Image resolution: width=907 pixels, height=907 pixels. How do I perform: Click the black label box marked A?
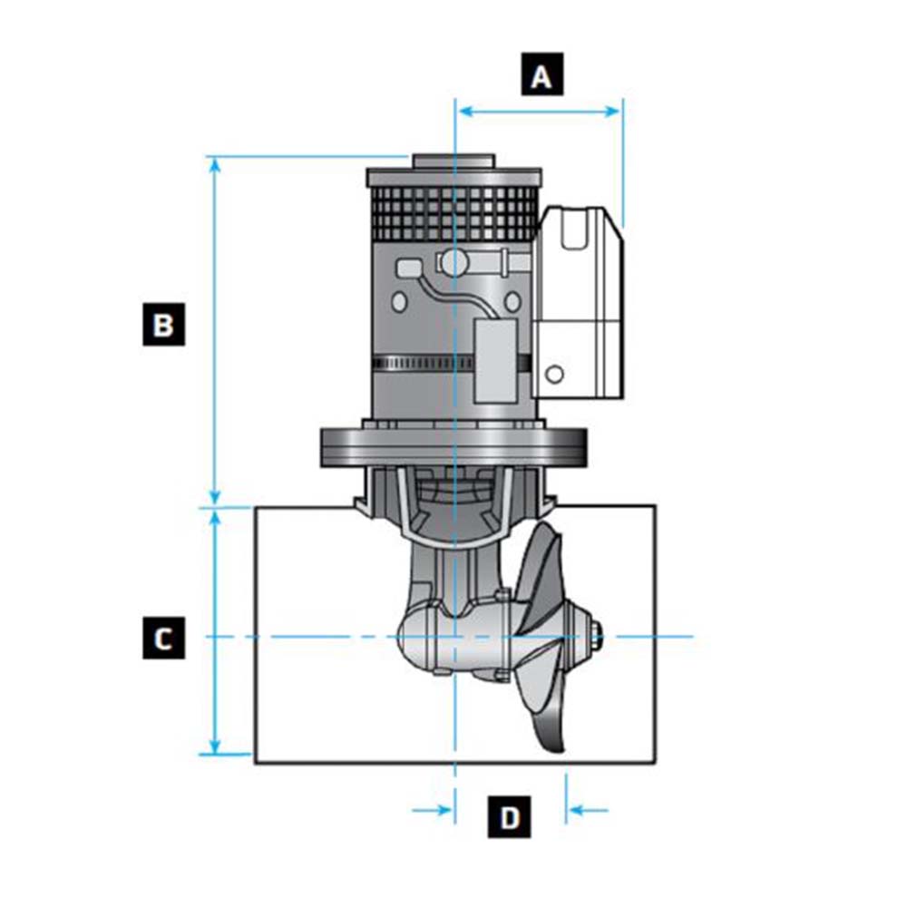point(541,76)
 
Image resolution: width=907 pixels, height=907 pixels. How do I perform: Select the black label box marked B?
point(163,325)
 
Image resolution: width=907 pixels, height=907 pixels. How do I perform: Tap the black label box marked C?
point(163,638)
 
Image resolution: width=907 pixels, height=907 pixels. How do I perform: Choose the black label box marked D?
point(510,817)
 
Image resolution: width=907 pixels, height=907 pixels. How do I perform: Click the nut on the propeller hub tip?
point(596,636)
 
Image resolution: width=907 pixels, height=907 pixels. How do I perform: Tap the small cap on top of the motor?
point(453,161)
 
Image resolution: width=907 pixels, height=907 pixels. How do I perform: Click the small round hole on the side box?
point(555,373)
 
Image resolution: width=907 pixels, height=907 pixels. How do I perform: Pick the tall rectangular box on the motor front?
point(496,360)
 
